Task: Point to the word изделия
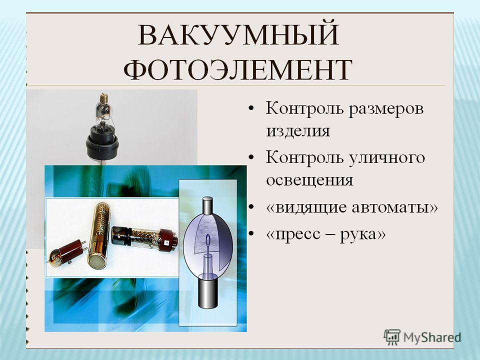click(x=298, y=131)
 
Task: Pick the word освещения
click(x=309, y=180)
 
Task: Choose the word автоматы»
click(x=395, y=207)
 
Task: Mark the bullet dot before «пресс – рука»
click(x=251, y=233)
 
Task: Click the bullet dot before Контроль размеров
click(x=251, y=108)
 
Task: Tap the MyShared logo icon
click(x=392, y=337)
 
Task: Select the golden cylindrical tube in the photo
click(x=98, y=235)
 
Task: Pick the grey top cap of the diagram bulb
click(x=208, y=206)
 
